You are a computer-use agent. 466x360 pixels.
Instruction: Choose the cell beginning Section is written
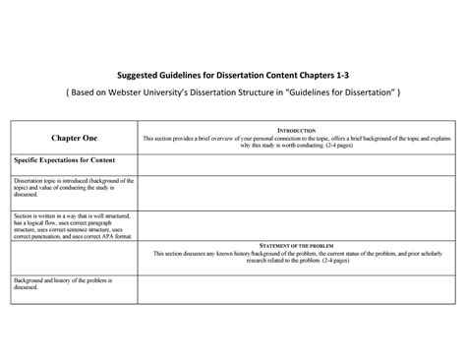click(x=71, y=224)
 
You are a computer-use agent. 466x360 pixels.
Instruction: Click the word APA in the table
click(x=105, y=236)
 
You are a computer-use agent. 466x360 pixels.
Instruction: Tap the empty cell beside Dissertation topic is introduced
click(x=296, y=190)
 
